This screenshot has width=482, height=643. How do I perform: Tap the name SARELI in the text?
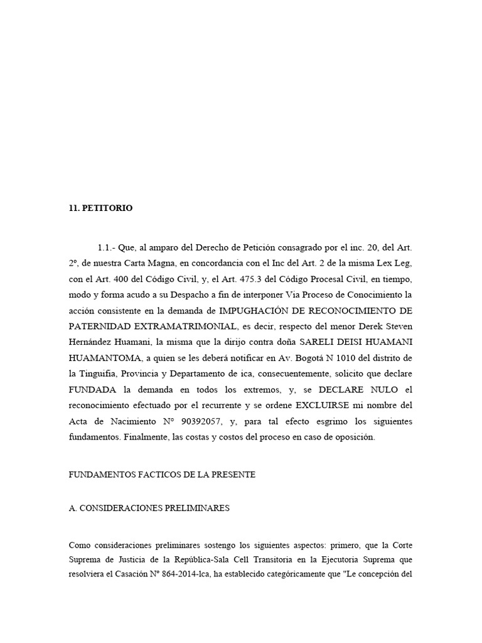[318, 342]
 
